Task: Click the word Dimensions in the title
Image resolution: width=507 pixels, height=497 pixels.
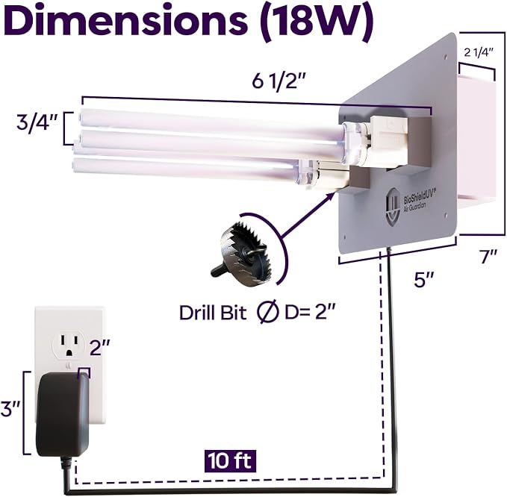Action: [x=125, y=21]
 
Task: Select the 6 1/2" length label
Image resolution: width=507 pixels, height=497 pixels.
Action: [x=279, y=82]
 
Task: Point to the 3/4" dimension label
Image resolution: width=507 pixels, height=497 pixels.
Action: [x=37, y=122]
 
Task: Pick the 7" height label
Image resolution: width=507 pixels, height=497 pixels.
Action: [x=488, y=257]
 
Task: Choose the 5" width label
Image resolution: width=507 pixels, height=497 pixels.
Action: [x=424, y=280]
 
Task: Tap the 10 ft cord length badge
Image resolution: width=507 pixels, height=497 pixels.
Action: [x=230, y=460]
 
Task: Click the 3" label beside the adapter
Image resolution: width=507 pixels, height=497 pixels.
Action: [x=11, y=409]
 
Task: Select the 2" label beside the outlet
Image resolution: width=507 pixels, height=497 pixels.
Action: [x=100, y=348]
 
